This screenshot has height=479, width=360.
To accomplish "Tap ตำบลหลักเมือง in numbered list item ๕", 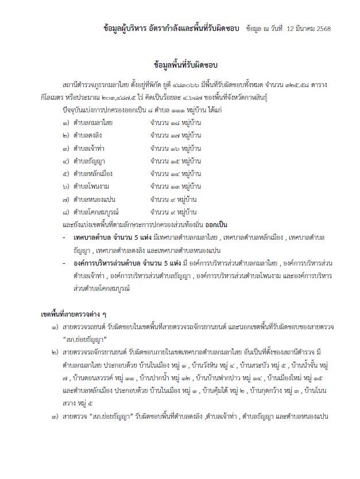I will coord(92,172).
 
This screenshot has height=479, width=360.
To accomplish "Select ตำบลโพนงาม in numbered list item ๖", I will coord(91,186).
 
